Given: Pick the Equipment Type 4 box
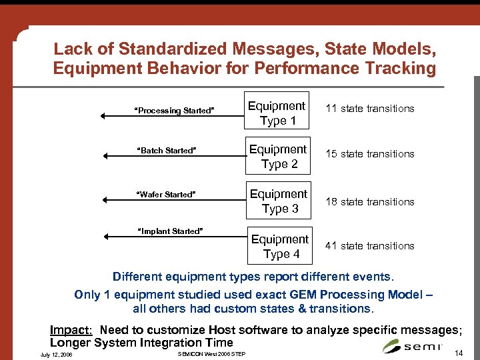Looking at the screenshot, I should tap(280, 246).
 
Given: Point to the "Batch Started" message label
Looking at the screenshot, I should tap(167, 151).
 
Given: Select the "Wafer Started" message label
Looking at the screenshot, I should tap(166, 195).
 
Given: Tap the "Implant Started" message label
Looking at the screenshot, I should tap(169, 231).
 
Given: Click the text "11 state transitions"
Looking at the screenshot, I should tap(369, 109).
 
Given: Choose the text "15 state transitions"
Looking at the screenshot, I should tap(369, 154).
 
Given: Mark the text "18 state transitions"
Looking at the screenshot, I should tap(369, 201).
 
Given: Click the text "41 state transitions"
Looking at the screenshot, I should tap(369, 246).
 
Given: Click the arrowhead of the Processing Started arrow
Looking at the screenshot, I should tap(103, 116).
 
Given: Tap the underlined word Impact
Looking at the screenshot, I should tap(71, 330).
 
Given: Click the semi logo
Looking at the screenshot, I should tap(411, 345).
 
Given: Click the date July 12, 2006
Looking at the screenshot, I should tap(57, 353).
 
